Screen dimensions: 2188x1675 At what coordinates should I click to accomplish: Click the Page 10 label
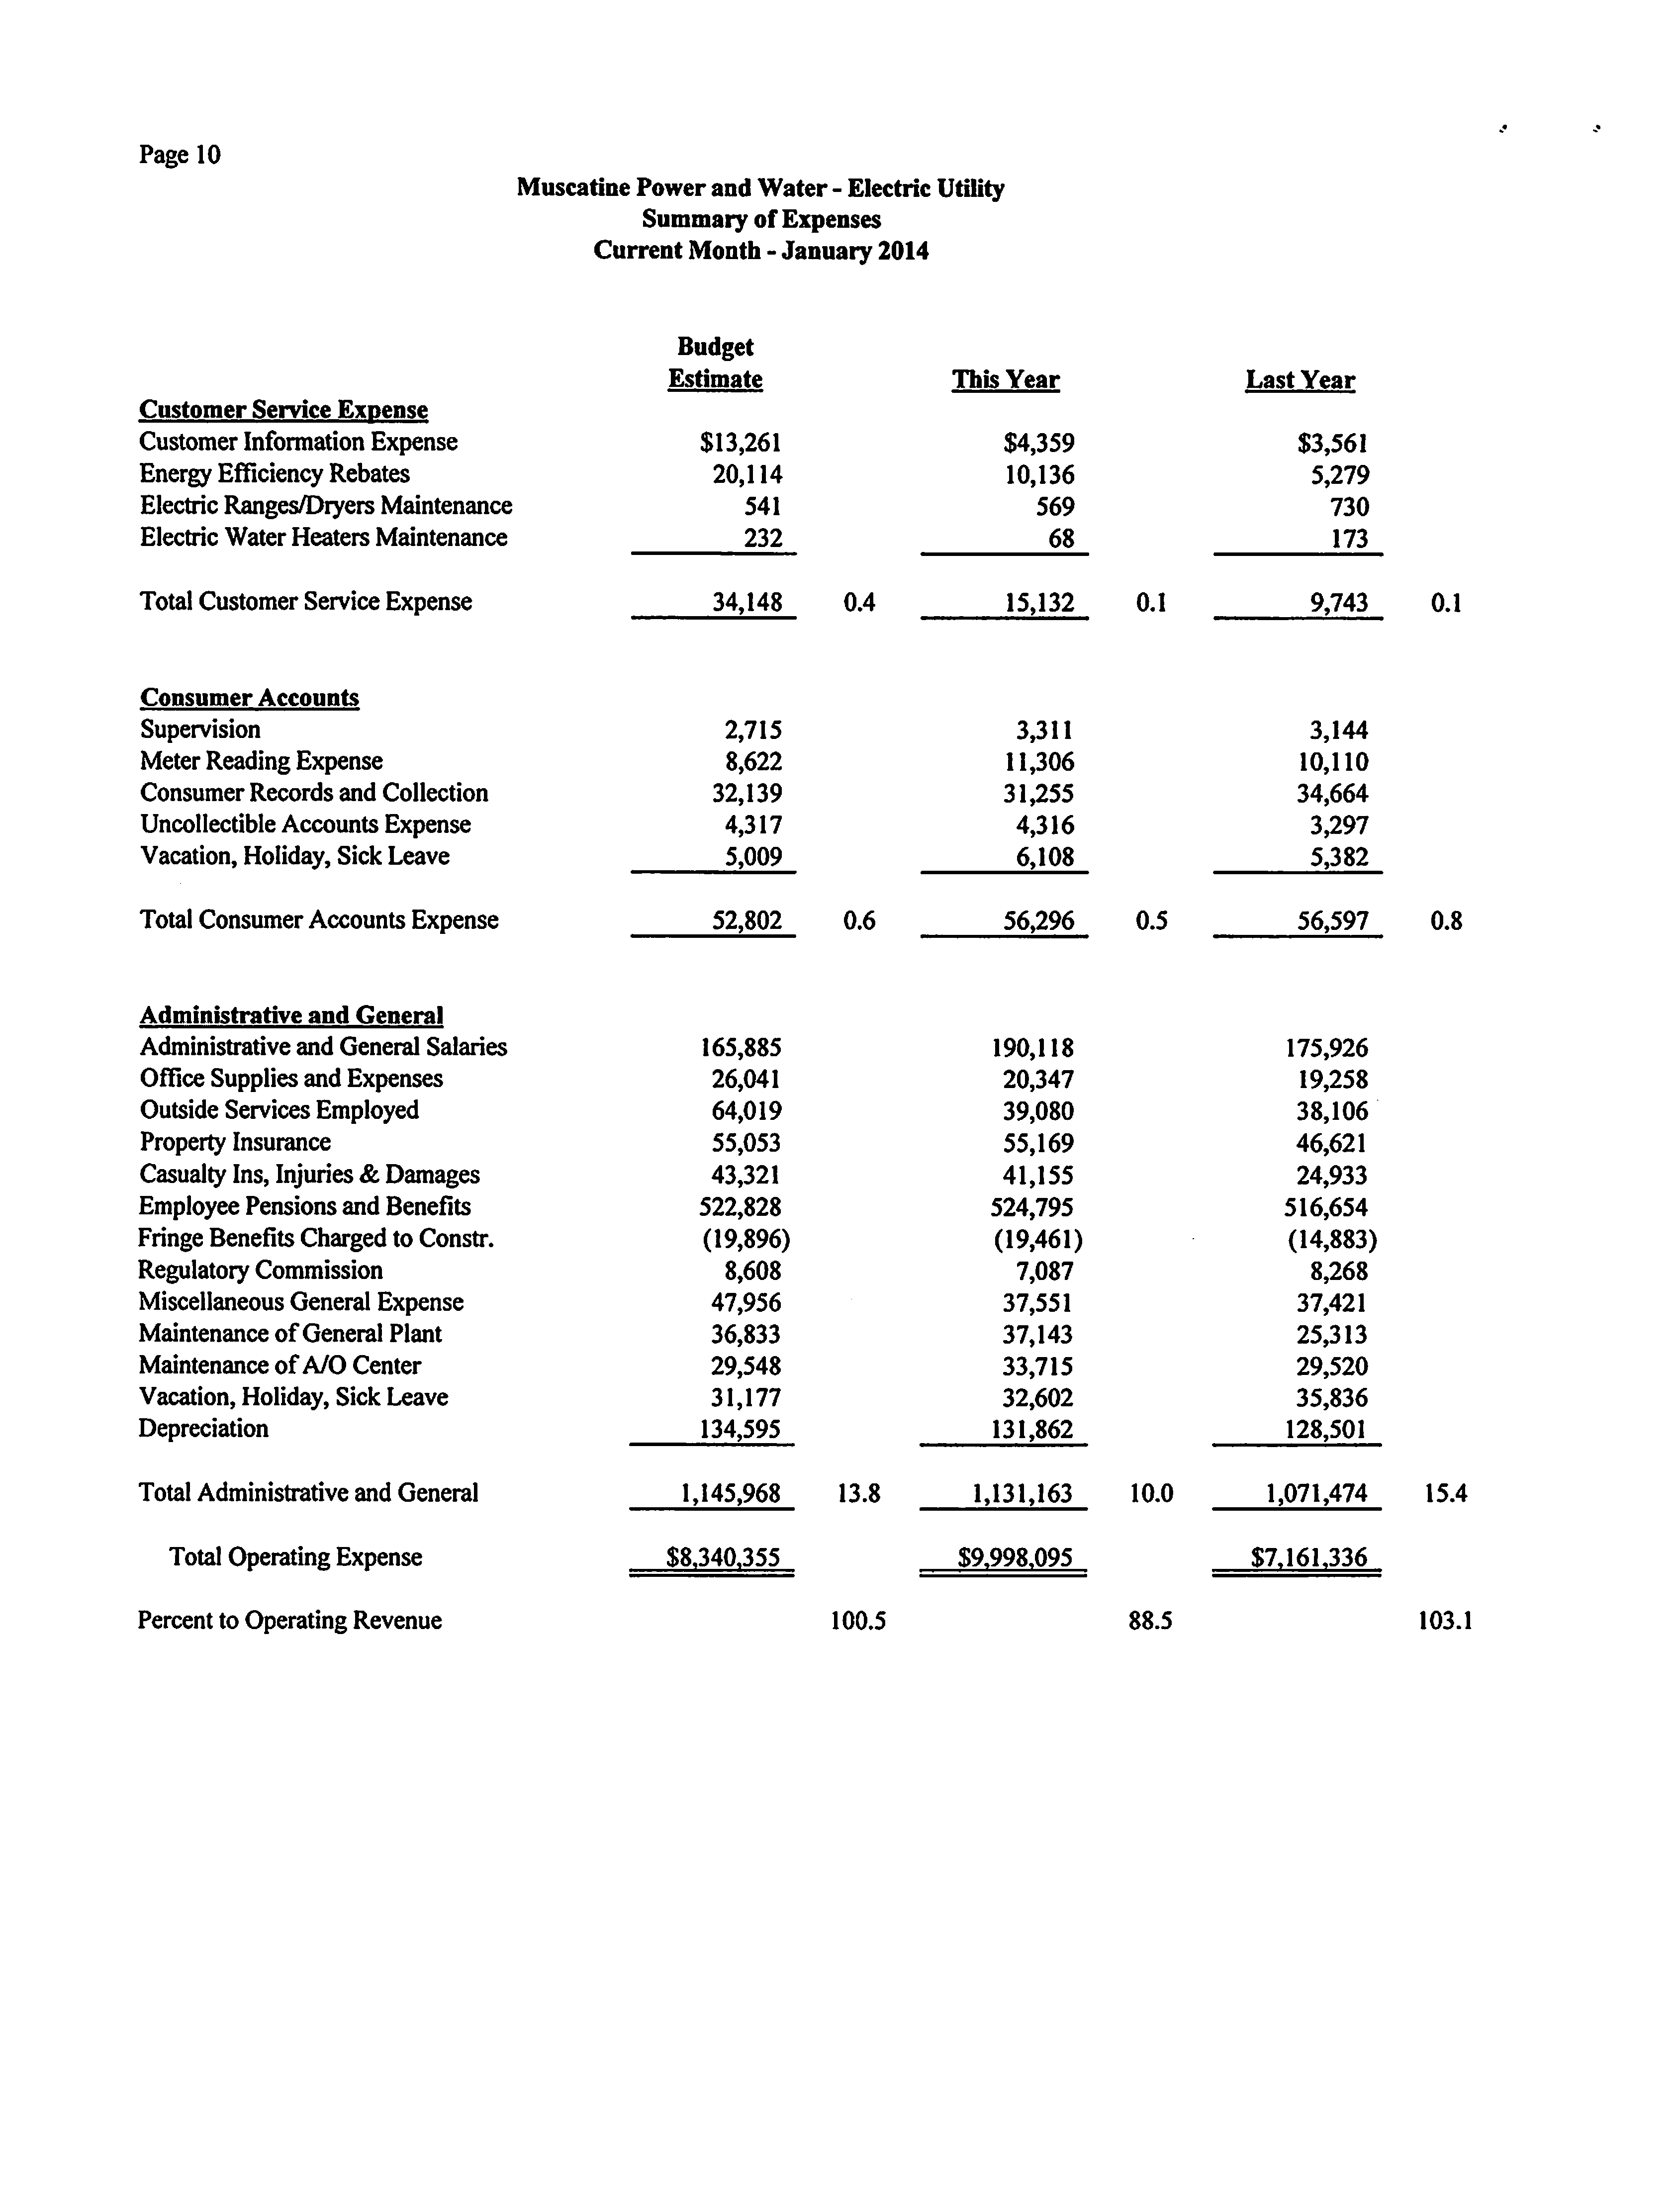point(180,155)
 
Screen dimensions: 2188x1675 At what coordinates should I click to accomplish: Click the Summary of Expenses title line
point(761,219)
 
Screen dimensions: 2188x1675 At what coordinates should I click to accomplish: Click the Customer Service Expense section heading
point(283,410)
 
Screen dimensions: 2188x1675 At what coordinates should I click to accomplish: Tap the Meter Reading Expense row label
point(261,761)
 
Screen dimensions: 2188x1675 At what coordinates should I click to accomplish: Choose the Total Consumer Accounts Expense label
point(319,920)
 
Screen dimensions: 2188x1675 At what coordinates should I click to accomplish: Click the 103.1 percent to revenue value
point(1445,1621)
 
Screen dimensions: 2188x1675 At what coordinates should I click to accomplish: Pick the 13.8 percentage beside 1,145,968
point(858,1493)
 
